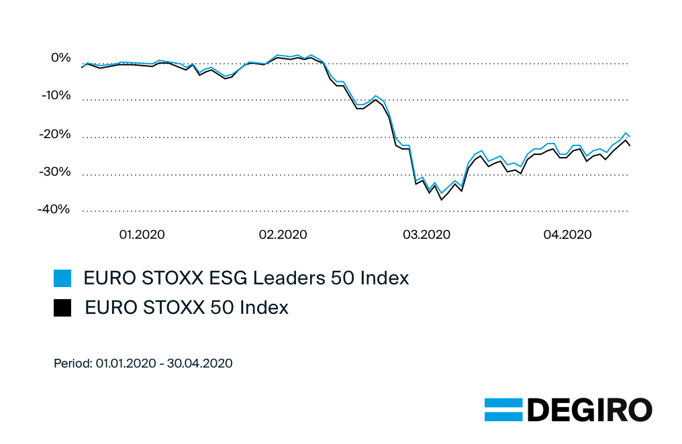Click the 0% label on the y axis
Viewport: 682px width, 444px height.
pyautogui.click(x=61, y=58)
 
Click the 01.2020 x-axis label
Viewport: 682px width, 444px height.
pyautogui.click(x=142, y=235)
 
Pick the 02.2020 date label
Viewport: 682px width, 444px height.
pyautogui.click(x=283, y=235)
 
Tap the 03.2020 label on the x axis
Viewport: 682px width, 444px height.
pyautogui.click(x=426, y=235)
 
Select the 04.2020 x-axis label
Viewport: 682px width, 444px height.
pyautogui.click(x=568, y=235)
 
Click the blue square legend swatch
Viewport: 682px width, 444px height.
pyautogui.click(x=62, y=278)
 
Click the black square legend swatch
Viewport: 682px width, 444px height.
pyautogui.click(x=62, y=308)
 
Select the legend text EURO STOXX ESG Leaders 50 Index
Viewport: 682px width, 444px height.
pyautogui.click(x=246, y=278)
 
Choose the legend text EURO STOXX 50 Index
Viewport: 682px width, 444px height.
pyautogui.click(x=187, y=308)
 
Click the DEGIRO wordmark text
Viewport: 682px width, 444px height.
pyautogui.click(x=589, y=410)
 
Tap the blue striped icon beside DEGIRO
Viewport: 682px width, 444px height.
pyautogui.click(x=503, y=410)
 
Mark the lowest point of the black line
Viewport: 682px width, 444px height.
pyautogui.click(x=441, y=200)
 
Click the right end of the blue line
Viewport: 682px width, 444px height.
pyautogui.click(x=630, y=137)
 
